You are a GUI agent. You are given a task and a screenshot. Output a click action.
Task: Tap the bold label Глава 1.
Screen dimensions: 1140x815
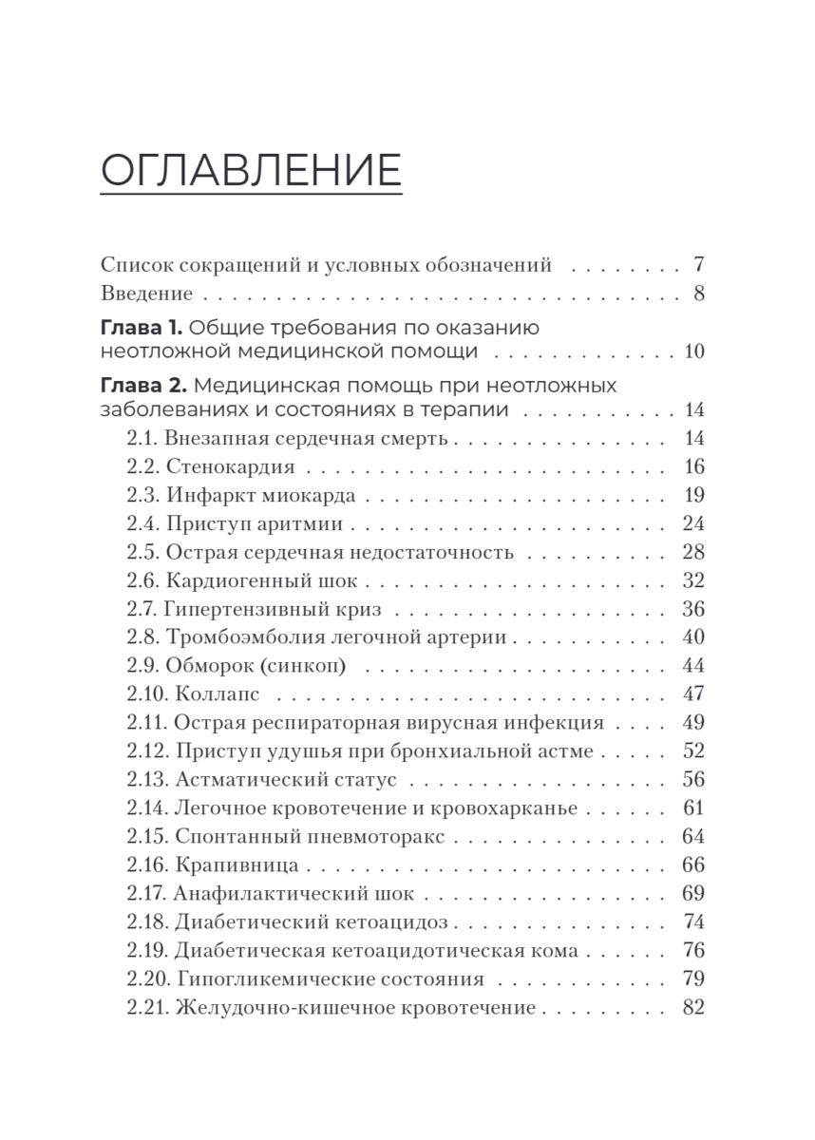tap(141, 329)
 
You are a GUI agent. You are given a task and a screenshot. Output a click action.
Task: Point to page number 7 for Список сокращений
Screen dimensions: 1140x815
tap(698, 265)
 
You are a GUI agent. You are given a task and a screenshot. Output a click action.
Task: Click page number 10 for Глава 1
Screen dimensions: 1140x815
tap(693, 352)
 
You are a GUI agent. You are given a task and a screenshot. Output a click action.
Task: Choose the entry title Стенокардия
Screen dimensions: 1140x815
tap(231, 466)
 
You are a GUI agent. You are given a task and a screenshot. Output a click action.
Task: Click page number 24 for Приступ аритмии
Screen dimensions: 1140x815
tap(693, 523)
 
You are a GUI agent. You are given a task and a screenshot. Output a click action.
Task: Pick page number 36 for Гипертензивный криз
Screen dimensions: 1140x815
tap(693, 610)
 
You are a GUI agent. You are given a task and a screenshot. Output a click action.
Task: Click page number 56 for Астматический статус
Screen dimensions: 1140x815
tap(693, 780)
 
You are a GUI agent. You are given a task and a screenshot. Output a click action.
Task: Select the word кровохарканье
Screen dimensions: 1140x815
tap(503, 808)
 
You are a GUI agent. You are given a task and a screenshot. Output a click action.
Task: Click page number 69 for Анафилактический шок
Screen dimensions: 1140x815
tap(693, 894)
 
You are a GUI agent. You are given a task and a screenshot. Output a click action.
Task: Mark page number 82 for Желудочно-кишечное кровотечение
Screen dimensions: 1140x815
tap(693, 1008)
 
